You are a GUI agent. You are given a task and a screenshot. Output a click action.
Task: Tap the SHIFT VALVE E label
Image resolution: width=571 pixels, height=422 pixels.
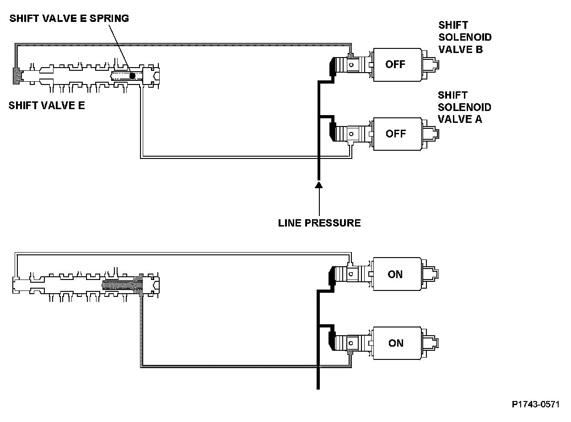click(47, 106)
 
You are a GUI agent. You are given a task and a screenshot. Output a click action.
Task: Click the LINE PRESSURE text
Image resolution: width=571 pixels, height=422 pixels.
click(320, 223)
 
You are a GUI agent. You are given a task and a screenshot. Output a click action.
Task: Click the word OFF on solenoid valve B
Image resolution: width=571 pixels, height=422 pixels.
click(395, 64)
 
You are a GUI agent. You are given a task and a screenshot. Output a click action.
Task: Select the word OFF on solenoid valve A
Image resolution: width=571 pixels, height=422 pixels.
click(395, 134)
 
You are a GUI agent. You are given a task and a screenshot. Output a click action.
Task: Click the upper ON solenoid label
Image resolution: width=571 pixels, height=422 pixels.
click(395, 274)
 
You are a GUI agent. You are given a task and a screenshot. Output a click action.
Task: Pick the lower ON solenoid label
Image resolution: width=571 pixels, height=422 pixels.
click(395, 343)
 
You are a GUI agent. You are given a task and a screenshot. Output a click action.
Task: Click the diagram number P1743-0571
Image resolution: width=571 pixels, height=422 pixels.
click(536, 405)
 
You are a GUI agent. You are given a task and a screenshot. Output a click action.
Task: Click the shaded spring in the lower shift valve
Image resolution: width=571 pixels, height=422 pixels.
click(120, 286)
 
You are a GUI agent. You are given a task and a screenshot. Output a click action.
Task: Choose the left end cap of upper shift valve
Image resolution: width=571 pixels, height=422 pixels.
click(17, 75)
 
